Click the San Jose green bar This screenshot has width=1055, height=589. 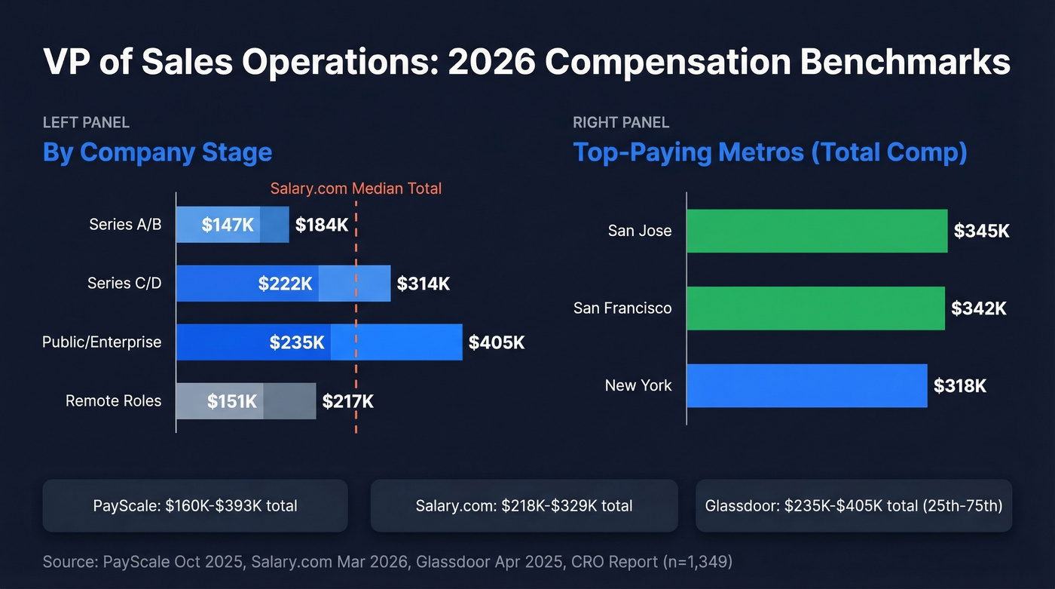click(816, 231)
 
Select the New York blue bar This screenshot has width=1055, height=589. click(806, 385)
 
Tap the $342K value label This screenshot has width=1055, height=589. click(978, 308)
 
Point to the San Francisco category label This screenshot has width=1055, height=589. click(622, 308)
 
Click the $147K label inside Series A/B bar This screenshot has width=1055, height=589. click(228, 225)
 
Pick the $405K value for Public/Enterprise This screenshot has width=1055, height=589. click(496, 342)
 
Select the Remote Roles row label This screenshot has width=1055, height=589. click(113, 400)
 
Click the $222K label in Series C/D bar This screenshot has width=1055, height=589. click(285, 284)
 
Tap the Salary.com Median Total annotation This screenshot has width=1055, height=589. click(356, 189)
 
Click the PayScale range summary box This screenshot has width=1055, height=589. click(195, 505)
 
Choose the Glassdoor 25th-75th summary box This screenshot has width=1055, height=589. click(853, 505)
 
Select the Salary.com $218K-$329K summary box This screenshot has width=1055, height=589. click(524, 505)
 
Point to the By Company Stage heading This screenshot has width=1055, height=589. click(157, 152)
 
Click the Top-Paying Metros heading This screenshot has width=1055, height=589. click(769, 152)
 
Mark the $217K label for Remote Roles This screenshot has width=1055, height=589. click(347, 401)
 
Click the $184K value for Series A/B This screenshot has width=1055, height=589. click(321, 225)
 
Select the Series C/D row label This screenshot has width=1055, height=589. click(124, 284)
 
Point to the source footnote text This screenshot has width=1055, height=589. click(387, 561)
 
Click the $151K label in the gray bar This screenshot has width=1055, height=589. click(232, 401)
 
